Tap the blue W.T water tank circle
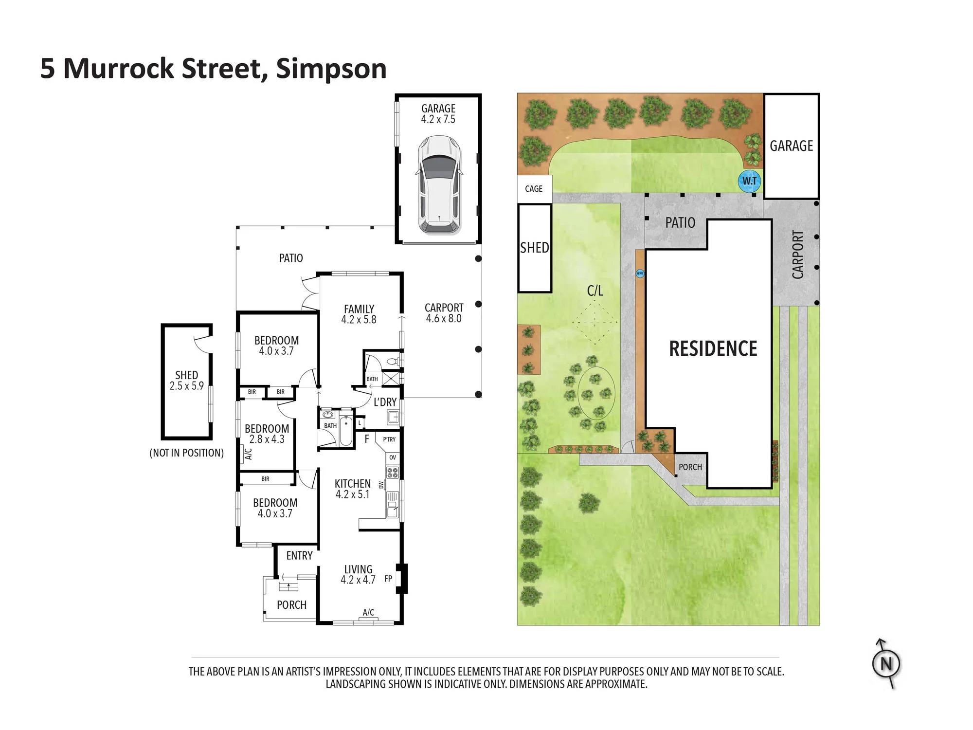(749, 181)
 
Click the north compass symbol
(886, 664)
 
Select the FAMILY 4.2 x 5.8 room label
(359, 314)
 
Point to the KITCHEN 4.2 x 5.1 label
(353, 489)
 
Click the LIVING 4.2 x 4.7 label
(358, 574)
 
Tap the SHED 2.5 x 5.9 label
(187, 381)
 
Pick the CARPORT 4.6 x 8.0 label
(444, 313)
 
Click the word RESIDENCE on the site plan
(713, 348)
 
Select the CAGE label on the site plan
(534, 189)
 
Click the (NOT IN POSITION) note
(187, 453)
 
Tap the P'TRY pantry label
(389, 439)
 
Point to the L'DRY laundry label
(385, 402)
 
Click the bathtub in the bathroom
(346, 431)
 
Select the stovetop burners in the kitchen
(393, 472)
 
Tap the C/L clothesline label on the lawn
(595, 291)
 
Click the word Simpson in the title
(331, 69)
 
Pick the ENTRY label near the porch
(299, 556)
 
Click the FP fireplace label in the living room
(388, 579)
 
